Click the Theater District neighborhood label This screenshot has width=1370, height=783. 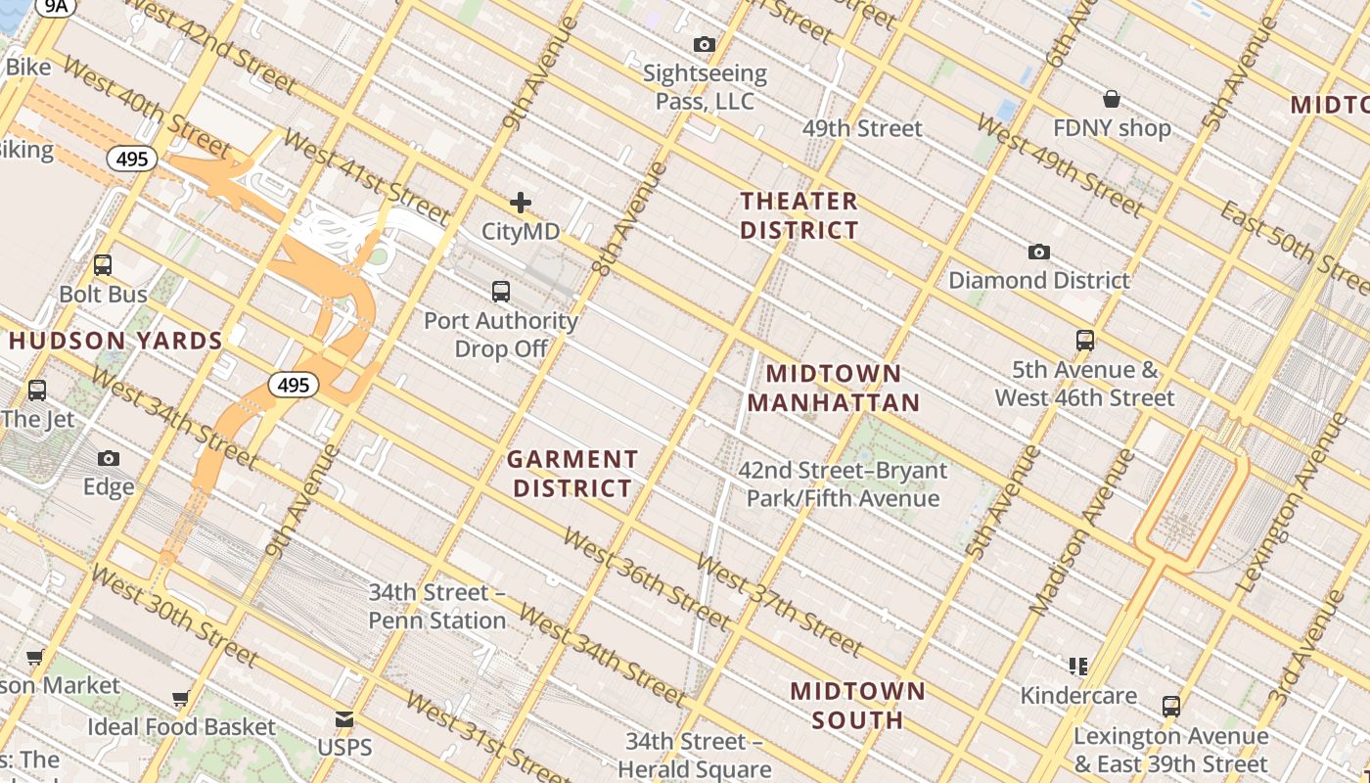(x=799, y=216)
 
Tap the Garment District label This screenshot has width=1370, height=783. (x=572, y=474)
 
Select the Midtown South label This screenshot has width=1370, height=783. (x=857, y=706)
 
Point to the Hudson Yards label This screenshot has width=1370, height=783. (x=116, y=342)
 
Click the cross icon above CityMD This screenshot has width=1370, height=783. (x=521, y=203)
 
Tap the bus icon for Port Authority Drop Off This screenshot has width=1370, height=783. (x=501, y=291)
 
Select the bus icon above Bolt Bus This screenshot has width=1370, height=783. (x=103, y=265)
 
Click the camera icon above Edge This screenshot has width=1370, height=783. (x=109, y=458)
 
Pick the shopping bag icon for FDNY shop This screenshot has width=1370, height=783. (x=1112, y=99)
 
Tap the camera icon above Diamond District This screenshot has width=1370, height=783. (x=1039, y=252)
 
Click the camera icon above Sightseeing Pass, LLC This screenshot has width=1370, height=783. (x=704, y=44)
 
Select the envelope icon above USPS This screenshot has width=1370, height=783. (x=344, y=719)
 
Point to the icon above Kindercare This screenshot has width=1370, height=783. (x=1078, y=667)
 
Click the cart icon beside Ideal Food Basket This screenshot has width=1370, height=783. (x=180, y=699)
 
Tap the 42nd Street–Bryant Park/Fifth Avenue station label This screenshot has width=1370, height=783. (x=843, y=484)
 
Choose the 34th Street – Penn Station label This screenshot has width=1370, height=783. (x=437, y=607)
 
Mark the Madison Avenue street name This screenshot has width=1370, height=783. (x=1083, y=533)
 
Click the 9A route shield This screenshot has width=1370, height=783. (x=57, y=6)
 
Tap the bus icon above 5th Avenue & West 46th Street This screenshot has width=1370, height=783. (x=1084, y=341)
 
